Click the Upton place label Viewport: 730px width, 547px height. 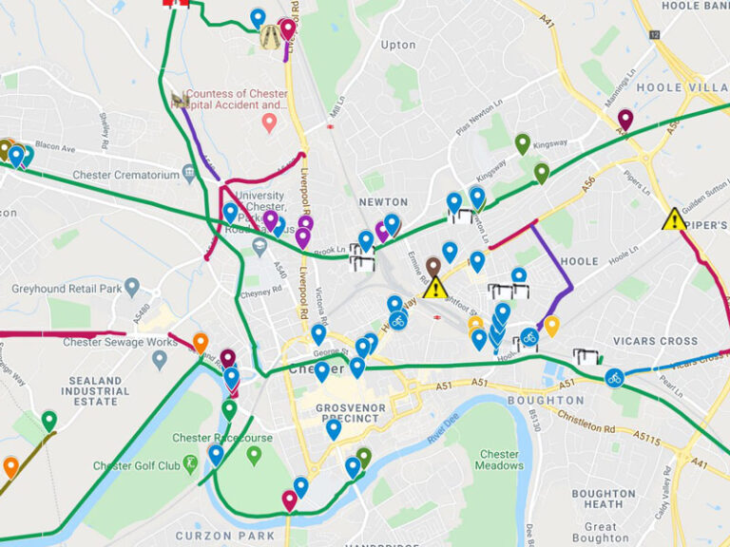click(x=398, y=45)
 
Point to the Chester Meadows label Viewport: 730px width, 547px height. click(x=499, y=460)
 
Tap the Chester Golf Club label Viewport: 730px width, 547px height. click(x=136, y=465)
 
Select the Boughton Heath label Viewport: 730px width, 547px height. click(x=604, y=500)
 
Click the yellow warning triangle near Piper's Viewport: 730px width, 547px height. click(x=674, y=220)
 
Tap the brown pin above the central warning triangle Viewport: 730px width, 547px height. click(x=433, y=266)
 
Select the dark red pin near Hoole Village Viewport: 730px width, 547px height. click(x=624, y=119)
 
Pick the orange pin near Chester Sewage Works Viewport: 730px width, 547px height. click(x=200, y=342)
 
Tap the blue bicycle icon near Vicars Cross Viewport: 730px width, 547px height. click(x=614, y=378)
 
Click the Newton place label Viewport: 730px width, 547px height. click(x=383, y=202)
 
